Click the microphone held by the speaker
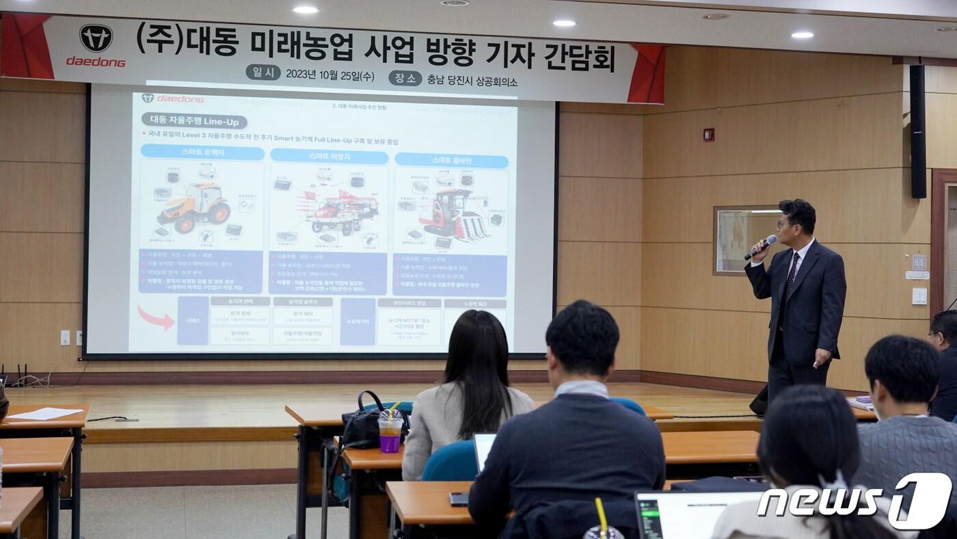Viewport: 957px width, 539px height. [761, 247]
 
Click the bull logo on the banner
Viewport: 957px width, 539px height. [96, 38]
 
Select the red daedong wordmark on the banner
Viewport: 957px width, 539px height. [96, 62]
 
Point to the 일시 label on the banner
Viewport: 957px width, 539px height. [263, 73]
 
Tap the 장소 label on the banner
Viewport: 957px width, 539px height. [405, 78]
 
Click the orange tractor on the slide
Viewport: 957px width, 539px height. [194, 207]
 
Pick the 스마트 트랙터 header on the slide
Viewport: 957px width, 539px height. [202, 153]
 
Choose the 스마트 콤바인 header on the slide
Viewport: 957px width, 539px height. [451, 161]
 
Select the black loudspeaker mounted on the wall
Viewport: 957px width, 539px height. [917, 131]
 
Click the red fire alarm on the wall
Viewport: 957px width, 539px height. [708, 135]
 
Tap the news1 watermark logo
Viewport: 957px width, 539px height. [854, 501]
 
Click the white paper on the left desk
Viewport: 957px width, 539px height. [45, 413]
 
